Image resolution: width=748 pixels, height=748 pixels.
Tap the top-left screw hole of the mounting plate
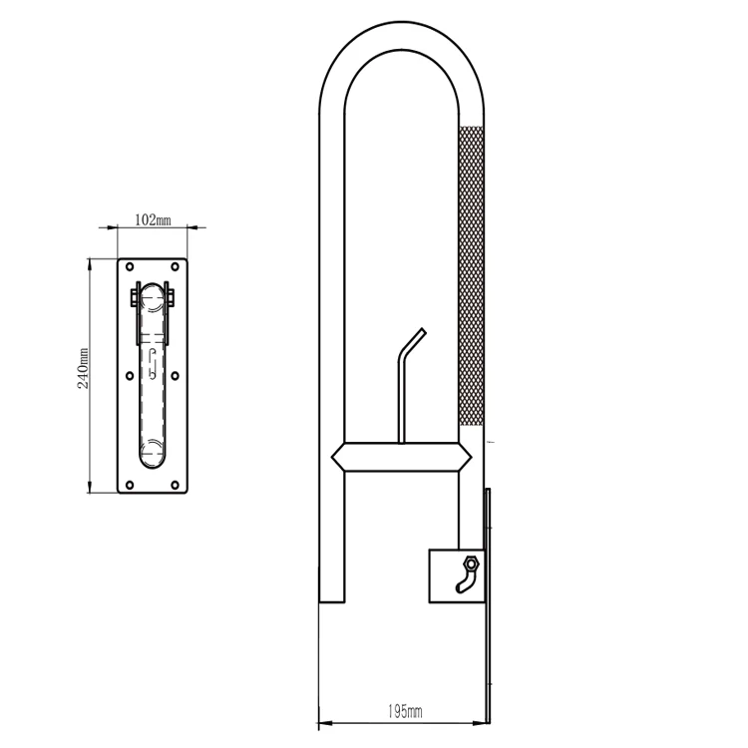[x=130, y=267]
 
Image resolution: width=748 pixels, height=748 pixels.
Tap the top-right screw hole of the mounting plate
[x=176, y=267]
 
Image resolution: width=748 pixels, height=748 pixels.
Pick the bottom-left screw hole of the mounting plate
[x=130, y=485]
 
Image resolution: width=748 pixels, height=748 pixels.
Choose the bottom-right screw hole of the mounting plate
[x=176, y=485]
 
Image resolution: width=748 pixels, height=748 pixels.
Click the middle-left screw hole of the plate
[x=130, y=376]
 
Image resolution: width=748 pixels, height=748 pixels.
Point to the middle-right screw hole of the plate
[x=176, y=376]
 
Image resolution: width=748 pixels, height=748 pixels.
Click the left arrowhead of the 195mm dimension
[x=323, y=721]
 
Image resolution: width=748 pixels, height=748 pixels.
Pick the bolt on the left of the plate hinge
[x=134, y=296]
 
